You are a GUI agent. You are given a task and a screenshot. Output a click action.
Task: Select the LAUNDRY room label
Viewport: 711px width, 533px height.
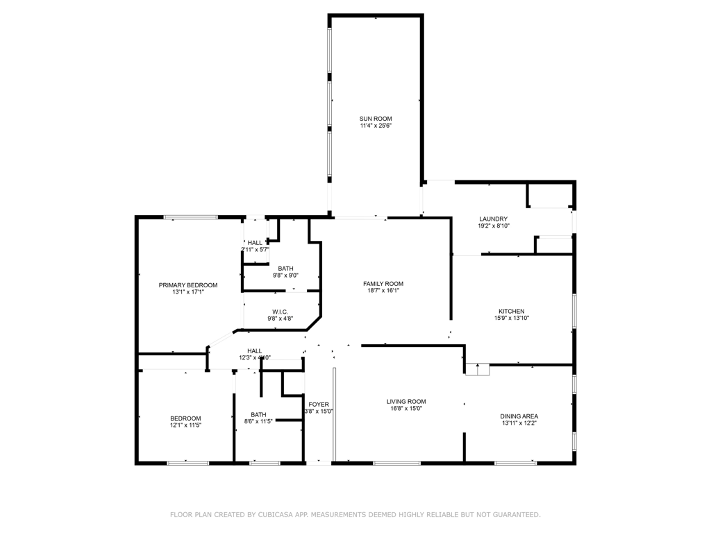click(493, 219)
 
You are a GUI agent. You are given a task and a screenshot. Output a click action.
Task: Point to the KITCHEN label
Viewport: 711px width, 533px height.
click(511, 311)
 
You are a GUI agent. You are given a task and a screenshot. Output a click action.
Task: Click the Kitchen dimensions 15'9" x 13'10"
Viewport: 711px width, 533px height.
click(511, 319)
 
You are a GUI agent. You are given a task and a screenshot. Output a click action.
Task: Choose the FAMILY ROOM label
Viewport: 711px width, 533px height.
click(383, 283)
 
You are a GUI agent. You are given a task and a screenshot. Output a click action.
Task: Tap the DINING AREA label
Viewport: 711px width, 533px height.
click(519, 416)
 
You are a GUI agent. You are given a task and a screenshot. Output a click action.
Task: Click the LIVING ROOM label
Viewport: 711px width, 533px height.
click(406, 401)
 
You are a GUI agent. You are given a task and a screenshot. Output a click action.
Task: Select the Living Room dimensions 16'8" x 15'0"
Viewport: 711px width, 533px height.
click(406, 409)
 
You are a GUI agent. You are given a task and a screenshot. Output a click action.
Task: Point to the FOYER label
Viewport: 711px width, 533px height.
click(319, 404)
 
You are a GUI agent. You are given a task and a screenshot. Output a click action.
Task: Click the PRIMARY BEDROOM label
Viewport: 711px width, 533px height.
click(188, 285)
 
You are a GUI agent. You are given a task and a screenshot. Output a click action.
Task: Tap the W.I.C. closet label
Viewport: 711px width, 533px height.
click(280, 312)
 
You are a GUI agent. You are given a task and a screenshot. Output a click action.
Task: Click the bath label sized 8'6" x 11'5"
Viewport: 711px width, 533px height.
click(258, 414)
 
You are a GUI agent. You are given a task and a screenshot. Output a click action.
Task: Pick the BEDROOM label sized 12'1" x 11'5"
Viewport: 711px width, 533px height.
click(185, 418)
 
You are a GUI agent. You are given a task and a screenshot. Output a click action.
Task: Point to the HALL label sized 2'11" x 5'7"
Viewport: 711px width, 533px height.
click(255, 242)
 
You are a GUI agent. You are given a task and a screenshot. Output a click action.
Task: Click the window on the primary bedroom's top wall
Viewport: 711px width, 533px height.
click(191, 218)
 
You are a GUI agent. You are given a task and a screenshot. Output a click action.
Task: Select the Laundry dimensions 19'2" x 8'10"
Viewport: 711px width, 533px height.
click(493, 226)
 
